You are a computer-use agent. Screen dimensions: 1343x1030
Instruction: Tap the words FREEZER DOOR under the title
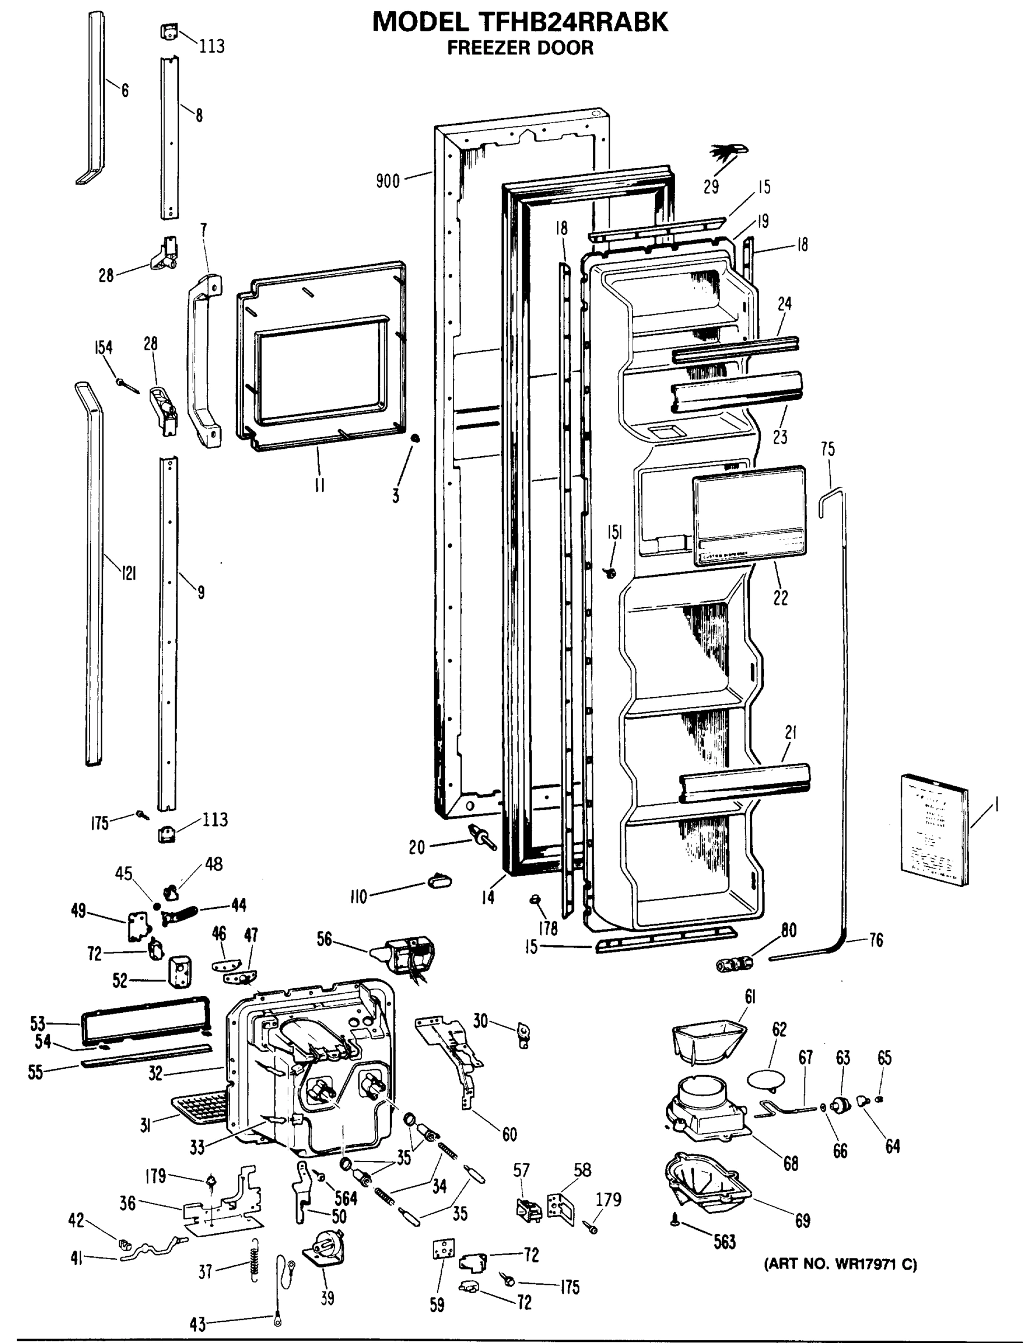tap(520, 48)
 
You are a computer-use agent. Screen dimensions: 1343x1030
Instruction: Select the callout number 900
tap(387, 181)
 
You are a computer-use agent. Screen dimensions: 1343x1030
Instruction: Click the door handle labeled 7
tap(204, 361)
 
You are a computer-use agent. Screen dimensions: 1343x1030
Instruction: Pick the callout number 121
tap(128, 573)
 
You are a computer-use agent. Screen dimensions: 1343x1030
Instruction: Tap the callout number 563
tap(725, 1242)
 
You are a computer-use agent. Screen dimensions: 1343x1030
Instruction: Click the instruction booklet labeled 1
tap(934, 829)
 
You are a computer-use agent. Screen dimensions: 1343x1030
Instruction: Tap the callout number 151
tap(614, 533)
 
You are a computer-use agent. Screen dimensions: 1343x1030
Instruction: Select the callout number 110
tap(358, 898)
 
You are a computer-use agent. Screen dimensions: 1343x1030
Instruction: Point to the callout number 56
tap(324, 938)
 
